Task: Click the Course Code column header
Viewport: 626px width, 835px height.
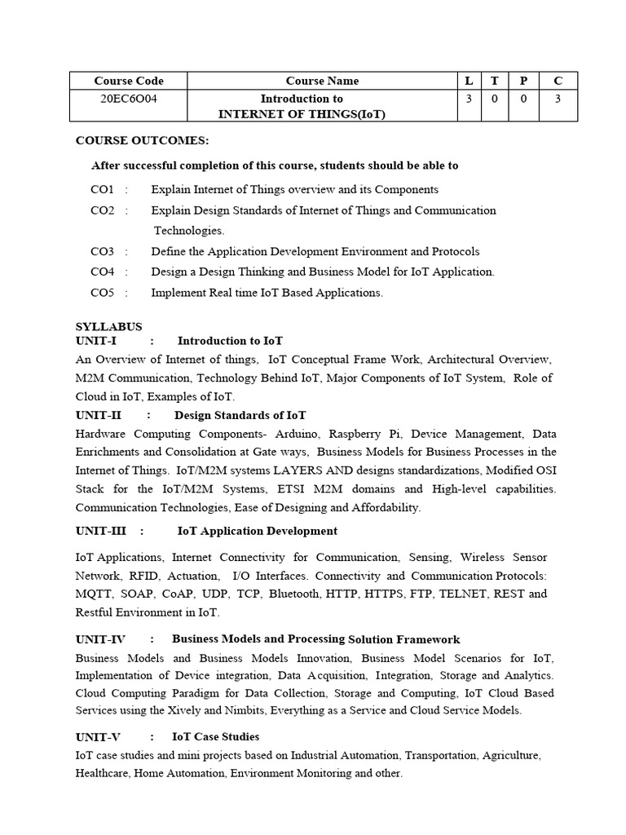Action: click(x=129, y=81)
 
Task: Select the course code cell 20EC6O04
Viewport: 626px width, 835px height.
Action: click(x=129, y=99)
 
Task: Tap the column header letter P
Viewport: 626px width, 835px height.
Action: click(x=523, y=81)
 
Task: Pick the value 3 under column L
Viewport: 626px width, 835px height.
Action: click(x=469, y=99)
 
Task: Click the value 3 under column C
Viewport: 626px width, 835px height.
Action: click(x=558, y=99)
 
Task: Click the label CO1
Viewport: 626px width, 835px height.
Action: click(x=103, y=189)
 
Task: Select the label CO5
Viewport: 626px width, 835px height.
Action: click(x=103, y=293)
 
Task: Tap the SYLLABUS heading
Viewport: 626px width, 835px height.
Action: click(x=108, y=327)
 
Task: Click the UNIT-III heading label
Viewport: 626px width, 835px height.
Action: click(x=100, y=531)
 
